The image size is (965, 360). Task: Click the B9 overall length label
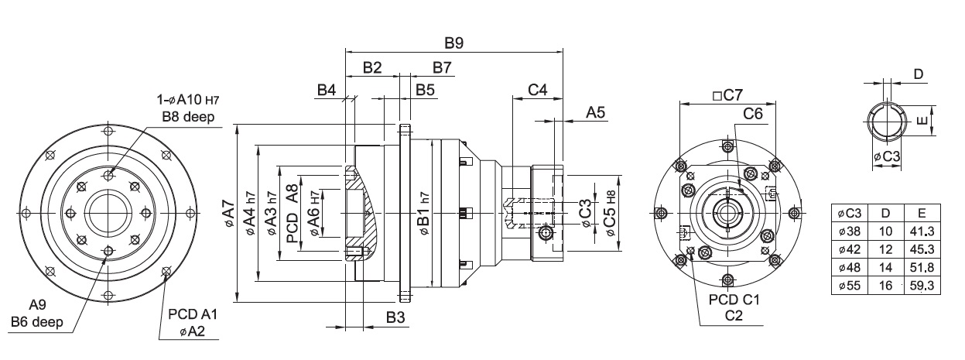coord(453,43)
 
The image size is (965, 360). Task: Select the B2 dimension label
coord(372,67)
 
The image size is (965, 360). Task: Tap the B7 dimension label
coord(442,67)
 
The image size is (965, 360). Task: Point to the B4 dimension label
coord(327,90)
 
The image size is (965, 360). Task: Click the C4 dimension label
coord(538,90)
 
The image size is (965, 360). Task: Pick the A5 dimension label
coord(595,112)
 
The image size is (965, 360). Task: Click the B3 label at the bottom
coord(395,317)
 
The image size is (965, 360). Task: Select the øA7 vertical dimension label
coord(229,214)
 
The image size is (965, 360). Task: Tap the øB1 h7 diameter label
coord(423,214)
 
